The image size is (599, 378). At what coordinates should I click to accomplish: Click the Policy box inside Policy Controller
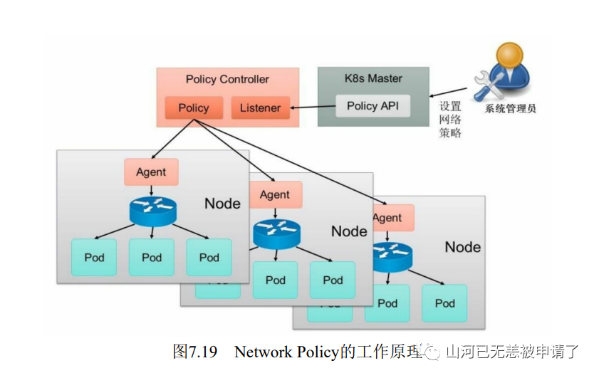click(194, 108)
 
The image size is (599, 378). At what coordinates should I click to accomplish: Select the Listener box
click(260, 108)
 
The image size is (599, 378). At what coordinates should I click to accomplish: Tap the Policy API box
click(373, 106)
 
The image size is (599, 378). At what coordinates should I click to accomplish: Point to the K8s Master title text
click(373, 78)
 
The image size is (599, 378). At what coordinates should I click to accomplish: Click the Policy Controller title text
click(227, 79)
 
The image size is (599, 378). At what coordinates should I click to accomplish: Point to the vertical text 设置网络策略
click(450, 119)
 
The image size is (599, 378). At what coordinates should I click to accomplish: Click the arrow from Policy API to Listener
click(313, 107)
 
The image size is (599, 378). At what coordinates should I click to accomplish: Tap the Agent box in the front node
click(151, 172)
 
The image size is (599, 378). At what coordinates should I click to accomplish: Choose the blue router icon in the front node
click(152, 211)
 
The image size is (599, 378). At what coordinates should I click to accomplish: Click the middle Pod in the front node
click(152, 257)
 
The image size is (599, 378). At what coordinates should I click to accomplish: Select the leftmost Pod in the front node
click(94, 257)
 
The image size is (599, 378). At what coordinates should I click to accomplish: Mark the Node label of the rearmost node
click(462, 247)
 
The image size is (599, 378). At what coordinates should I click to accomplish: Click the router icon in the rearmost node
click(391, 255)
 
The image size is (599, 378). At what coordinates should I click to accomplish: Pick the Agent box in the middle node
click(274, 194)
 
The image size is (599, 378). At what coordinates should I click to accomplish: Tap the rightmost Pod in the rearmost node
click(444, 303)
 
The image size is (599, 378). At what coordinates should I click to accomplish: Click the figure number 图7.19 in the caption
click(194, 352)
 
